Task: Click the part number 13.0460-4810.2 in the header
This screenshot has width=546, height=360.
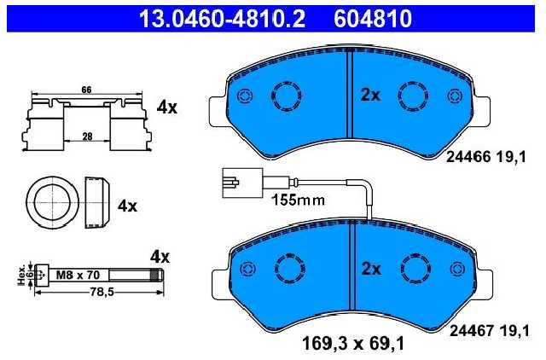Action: [222, 19]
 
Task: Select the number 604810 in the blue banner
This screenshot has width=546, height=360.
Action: [373, 19]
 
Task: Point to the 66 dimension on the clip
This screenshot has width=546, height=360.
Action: [86, 90]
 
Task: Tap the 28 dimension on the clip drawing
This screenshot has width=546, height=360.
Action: [87, 136]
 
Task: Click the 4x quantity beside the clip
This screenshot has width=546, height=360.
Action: [167, 107]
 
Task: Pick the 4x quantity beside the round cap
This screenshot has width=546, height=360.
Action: [127, 206]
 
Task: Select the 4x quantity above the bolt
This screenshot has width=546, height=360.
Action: [160, 258]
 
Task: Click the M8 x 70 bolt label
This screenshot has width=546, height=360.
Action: [78, 275]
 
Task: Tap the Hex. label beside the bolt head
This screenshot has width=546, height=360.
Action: [21, 275]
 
